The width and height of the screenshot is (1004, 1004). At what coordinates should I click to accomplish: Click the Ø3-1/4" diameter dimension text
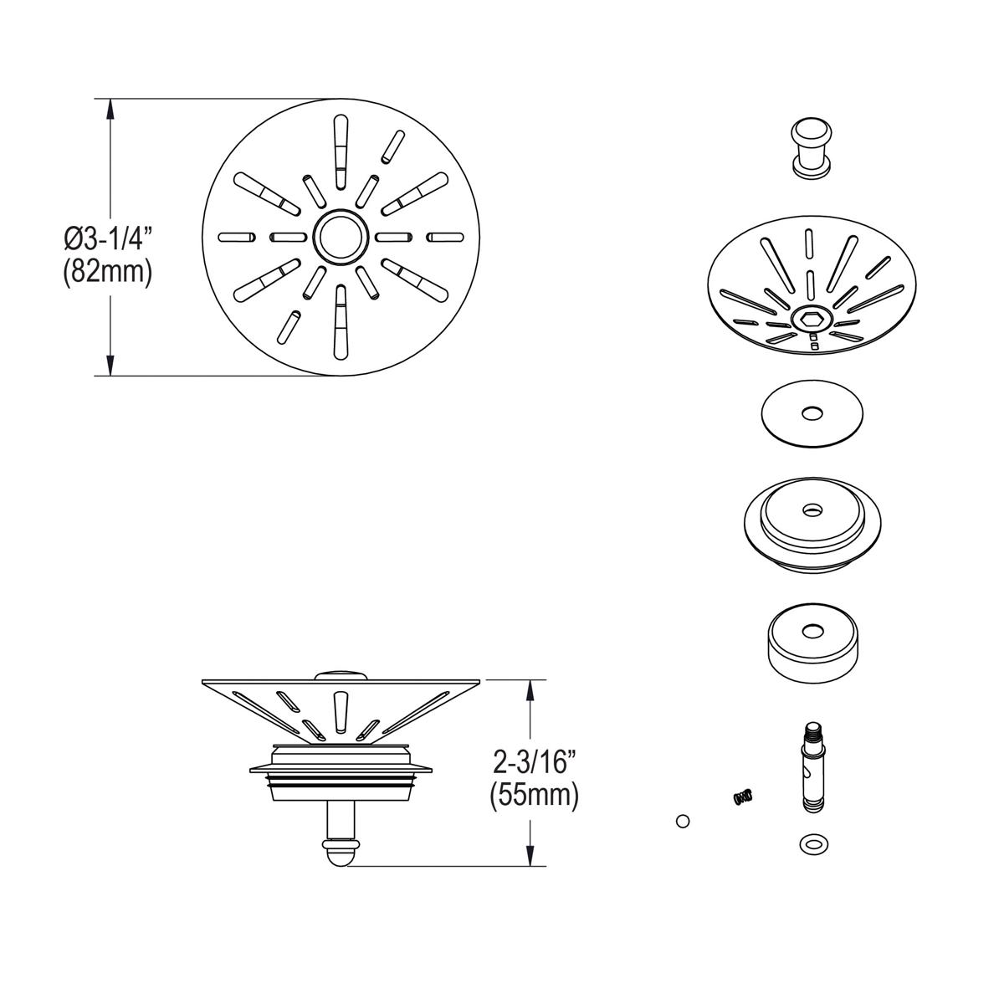[x=107, y=238]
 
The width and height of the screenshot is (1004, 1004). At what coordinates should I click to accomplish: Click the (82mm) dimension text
[x=107, y=274]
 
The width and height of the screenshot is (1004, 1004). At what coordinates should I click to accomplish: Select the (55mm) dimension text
[x=534, y=795]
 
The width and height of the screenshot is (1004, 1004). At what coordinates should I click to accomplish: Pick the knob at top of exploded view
[x=810, y=147]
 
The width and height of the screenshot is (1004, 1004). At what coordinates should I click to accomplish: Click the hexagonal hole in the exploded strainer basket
[x=810, y=319]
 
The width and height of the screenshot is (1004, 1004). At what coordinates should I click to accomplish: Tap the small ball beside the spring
[x=683, y=821]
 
